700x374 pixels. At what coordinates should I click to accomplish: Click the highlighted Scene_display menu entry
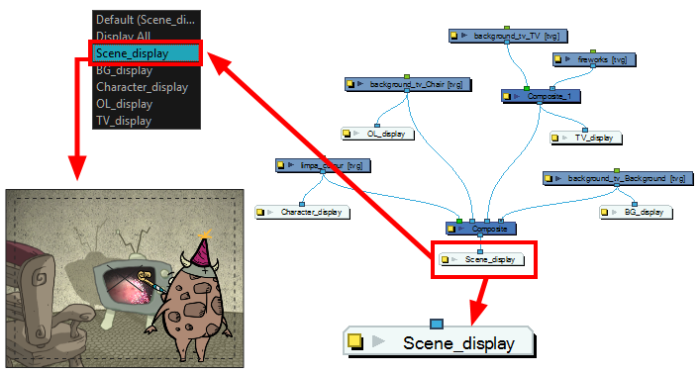[x=147, y=53]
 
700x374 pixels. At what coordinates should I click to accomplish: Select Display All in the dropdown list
[x=124, y=36]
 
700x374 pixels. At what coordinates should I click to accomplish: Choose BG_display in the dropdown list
[x=125, y=70]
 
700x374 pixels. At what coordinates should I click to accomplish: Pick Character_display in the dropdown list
[x=142, y=87]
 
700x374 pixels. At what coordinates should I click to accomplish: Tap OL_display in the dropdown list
[x=124, y=104]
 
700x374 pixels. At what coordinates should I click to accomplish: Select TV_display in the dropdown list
[x=124, y=121]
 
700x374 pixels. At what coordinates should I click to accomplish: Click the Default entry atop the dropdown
[x=148, y=19]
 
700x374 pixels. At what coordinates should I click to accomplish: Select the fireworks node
[x=592, y=60]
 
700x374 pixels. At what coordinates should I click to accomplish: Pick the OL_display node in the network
[x=377, y=133]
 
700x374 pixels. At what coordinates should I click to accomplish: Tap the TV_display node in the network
[x=585, y=139]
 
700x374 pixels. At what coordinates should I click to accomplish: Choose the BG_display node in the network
[x=636, y=212]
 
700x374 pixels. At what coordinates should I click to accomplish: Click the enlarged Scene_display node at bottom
[x=441, y=343]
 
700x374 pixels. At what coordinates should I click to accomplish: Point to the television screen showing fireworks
[x=125, y=282]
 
